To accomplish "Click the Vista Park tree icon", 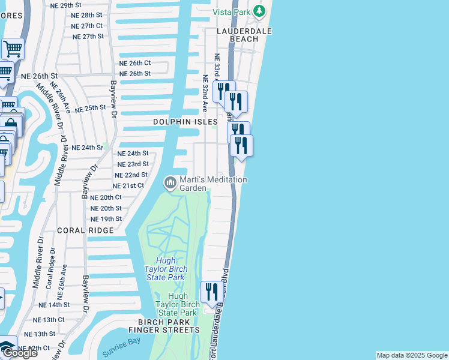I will click(x=259, y=11).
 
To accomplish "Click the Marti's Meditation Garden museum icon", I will click(x=170, y=182).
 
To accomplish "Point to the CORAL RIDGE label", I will click(x=85, y=230).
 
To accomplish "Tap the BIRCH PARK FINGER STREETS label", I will click(x=164, y=326).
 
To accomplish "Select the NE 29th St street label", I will click(x=65, y=5).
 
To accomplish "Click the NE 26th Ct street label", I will click(x=136, y=63).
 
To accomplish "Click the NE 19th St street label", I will click(x=106, y=219).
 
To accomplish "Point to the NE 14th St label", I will click(x=55, y=305).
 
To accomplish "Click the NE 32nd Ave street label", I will click(x=205, y=93).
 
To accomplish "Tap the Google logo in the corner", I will click(x=20, y=353).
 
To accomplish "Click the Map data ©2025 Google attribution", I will click(x=412, y=355).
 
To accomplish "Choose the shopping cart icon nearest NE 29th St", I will click(x=13, y=48).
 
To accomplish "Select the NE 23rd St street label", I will click(x=133, y=164).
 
